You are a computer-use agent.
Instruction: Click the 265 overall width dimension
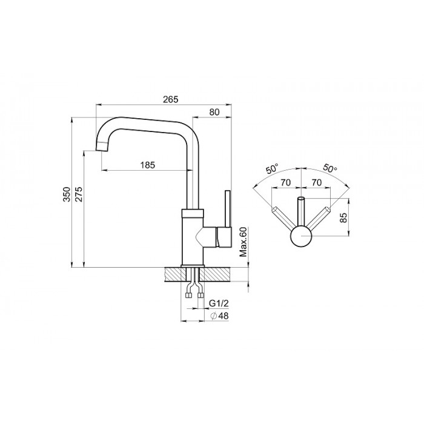(171, 99)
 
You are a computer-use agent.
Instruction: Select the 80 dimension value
(214, 112)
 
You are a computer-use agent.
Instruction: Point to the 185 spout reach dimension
(148, 165)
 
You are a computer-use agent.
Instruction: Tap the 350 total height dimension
(67, 194)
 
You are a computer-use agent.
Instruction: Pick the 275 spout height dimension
(79, 194)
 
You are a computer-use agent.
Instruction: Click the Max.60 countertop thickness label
(243, 242)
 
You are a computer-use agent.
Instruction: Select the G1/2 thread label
(219, 303)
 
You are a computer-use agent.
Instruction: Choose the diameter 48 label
(219, 316)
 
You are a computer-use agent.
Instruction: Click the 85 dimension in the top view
(343, 217)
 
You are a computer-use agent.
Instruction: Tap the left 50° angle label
(272, 169)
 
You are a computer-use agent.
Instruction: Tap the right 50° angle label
(330, 168)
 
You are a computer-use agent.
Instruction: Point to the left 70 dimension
(286, 182)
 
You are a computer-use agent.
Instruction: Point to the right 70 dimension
(317, 182)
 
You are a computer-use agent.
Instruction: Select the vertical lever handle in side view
(227, 209)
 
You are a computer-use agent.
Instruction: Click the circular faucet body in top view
(301, 236)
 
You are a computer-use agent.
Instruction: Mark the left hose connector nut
(188, 295)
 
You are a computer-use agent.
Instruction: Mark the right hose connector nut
(200, 295)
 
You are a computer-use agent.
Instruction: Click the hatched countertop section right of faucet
(216, 275)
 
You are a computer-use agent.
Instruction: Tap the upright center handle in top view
(301, 211)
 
